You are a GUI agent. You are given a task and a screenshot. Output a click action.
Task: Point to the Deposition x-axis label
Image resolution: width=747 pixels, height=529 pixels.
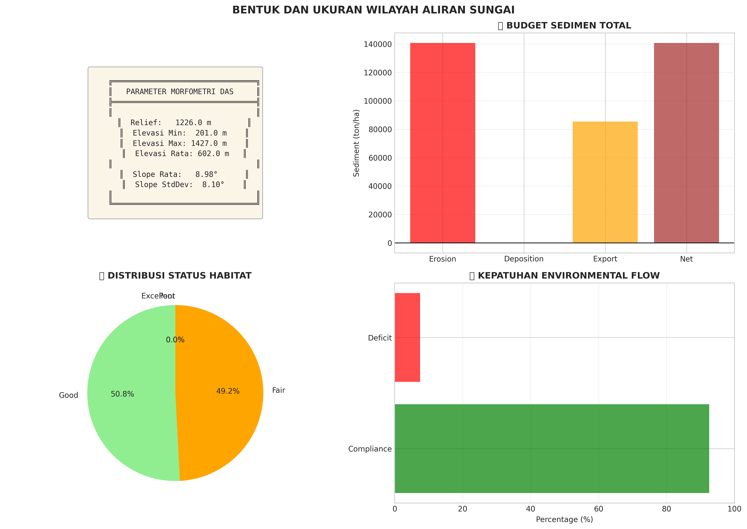click(x=524, y=259)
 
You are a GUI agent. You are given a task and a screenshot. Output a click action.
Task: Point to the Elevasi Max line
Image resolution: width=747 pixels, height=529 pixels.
click(x=179, y=143)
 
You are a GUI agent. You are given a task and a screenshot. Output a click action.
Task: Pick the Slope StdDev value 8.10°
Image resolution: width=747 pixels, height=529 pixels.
click(x=213, y=185)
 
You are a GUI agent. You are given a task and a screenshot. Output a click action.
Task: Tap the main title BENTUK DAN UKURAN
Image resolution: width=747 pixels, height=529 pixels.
click(x=373, y=10)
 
